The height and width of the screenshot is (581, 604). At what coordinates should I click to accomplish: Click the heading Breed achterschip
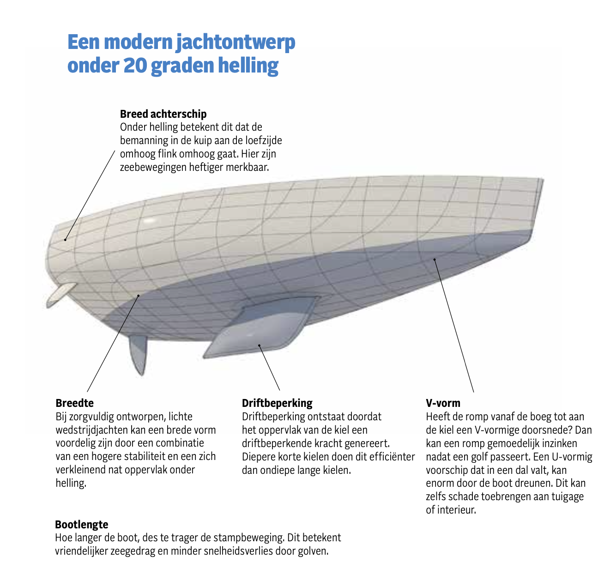tap(163, 114)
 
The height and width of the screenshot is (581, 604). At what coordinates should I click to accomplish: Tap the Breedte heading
tap(74, 403)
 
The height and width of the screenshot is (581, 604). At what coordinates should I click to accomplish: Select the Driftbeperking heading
tap(277, 403)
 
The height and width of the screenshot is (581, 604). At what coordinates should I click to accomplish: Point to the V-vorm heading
tap(443, 403)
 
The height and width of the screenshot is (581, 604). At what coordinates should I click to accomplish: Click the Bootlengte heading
tap(82, 524)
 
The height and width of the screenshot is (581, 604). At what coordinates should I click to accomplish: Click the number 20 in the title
tap(135, 65)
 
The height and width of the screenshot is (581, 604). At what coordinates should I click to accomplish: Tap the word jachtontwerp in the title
tap(235, 42)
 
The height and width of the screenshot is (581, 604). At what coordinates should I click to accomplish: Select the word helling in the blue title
tap(248, 66)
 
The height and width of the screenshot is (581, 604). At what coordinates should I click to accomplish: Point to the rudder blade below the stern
tap(139, 354)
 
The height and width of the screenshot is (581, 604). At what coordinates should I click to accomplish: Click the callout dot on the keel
tap(259, 345)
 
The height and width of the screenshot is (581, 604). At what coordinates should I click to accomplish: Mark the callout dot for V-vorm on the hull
tap(435, 260)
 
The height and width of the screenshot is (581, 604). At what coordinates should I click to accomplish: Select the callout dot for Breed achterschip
tap(65, 240)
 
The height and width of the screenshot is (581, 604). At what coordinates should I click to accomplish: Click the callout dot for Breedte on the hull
tap(139, 296)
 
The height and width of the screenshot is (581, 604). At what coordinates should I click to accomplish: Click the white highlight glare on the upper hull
tap(150, 221)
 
